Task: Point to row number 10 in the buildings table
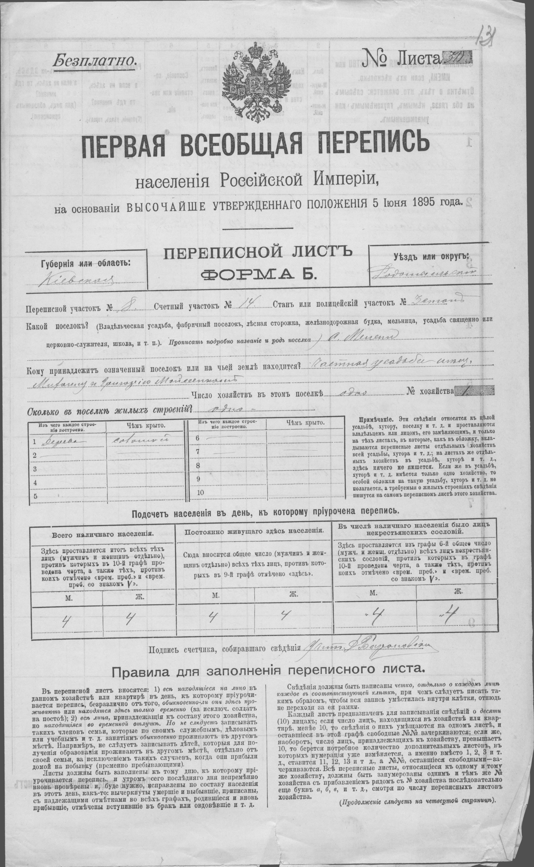click(x=201, y=492)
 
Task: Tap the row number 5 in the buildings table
click(x=35, y=496)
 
